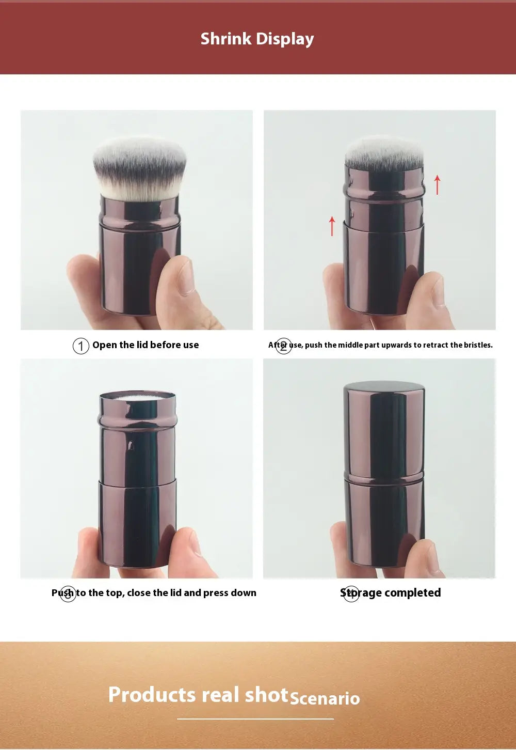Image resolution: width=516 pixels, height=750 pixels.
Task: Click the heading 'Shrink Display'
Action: [x=257, y=39]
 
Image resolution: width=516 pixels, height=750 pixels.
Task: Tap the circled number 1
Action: [x=81, y=346]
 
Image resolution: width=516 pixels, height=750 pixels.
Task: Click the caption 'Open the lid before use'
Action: [x=146, y=345]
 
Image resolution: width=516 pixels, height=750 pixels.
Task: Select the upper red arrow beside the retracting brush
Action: [x=437, y=185]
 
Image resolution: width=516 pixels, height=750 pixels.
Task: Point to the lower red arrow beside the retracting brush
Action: [x=332, y=226]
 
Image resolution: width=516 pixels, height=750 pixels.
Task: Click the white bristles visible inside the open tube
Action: [x=138, y=397]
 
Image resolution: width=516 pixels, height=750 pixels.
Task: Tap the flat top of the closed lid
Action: [x=384, y=386]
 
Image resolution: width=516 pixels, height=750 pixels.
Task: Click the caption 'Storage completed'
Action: [x=390, y=592]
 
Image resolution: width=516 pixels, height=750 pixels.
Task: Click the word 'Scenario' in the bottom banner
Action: [x=325, y=698]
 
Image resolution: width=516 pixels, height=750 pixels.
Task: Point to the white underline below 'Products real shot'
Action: [x=255, y=718]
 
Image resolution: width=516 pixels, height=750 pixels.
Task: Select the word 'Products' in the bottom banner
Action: [x=152, y=694]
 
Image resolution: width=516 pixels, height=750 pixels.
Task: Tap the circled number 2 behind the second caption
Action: [x=283, y=346]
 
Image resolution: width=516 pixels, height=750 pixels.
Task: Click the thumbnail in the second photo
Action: [x=439, y=291]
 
